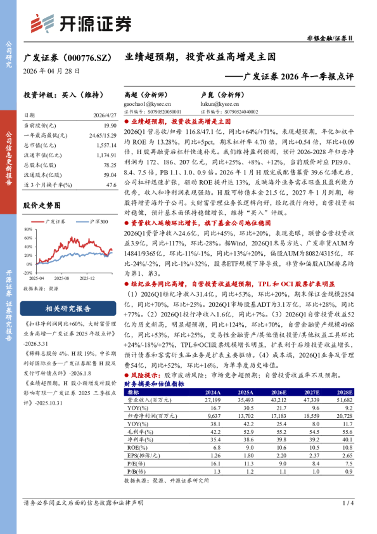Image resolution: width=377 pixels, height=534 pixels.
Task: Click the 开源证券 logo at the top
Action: pyautogui.click(x=81, y=23)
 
